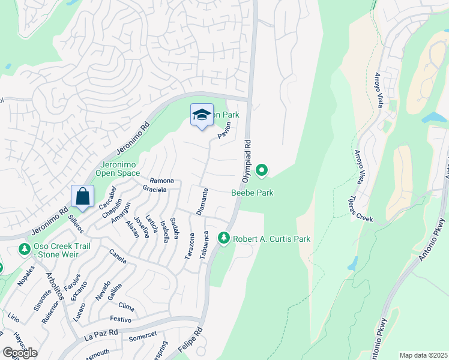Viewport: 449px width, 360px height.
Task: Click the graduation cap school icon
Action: pos(202,115)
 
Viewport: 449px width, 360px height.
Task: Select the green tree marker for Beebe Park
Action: pos(261,172)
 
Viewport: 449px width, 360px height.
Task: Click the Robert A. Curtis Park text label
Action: pos(271,239)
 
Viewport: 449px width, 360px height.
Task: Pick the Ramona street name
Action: pos(161,181)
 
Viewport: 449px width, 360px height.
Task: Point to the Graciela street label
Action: pos(154,189)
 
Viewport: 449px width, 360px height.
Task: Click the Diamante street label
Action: pos(202,202)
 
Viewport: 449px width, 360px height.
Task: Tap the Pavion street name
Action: pos(224,131)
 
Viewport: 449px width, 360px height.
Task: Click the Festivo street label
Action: pos(120,319)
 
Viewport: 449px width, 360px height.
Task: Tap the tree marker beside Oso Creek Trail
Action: pos(24,248)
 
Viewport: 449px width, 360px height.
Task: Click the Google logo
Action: pos(19,353)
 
